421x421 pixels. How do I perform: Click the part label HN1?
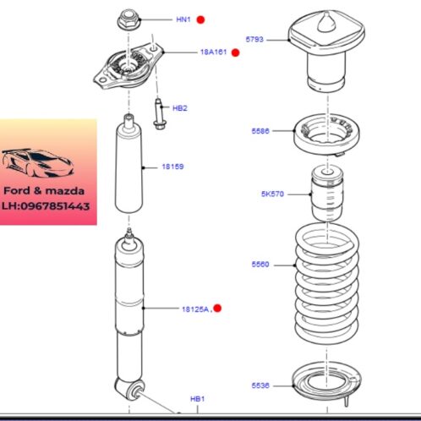pyautogui.click(x=183, y=19)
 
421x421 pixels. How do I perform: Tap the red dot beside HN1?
pyautogui.click(x=200, y=19)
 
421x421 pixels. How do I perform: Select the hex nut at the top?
pyautogui.click(x=128, y=19)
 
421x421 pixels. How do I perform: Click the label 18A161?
pyautogui.click(x=213, y=52)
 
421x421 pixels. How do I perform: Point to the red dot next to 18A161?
pyautogui.click(x=235, y=52)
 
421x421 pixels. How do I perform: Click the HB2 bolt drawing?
pyautogui.click(x=159, y=114)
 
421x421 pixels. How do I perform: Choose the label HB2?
pyautogui.click(x=180, y=108)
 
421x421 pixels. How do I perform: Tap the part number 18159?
pyautogui.click(x=172, y=167)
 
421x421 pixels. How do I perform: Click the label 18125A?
pyautogui.click(x=195, y=309)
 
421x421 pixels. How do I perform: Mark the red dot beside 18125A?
pyautogui.click(x=217, y=309)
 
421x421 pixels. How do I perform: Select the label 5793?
pyautogui.click(x=254, y=40)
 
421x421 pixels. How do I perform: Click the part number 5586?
pyautogui.click(x=260, y=131)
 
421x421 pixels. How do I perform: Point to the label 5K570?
pyautogui.click(x=272, y=194)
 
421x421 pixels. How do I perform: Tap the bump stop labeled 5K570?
pyautogui.click(x=327, y=194)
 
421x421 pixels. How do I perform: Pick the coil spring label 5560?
pyautogui.click(x=260, y=265)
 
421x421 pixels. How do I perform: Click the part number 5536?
pyautogui.click(x=260, y=385)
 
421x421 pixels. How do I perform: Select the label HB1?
pyautogui.click(x=197, y=399)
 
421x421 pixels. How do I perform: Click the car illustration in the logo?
pyautogui.click(x=37, y=163)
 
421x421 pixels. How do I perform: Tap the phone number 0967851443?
pyautogui.click(x=55, y=206)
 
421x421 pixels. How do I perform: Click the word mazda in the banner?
pyautogui.click(x=65, y=191)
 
